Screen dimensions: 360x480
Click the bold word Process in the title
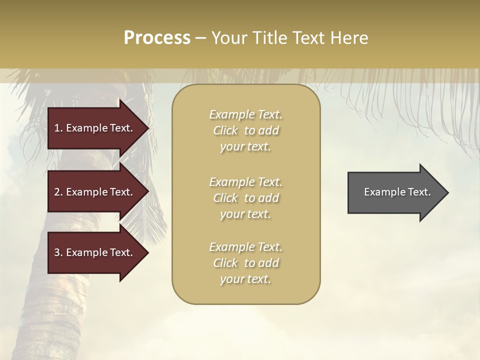coord(157,38)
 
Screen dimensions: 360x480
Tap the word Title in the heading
coord(271,38)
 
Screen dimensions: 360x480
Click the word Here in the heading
coord(350,38)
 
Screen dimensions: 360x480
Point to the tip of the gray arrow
coord(447,192)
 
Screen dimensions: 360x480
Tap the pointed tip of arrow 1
coord(147,128)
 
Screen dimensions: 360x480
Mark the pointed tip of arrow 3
coord(147,252)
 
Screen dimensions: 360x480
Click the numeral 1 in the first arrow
coord(57,128)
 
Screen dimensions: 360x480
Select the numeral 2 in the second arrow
coord(57,192)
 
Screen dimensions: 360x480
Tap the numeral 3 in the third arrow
coord(57,252)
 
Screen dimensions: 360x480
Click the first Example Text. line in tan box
coord(245,114)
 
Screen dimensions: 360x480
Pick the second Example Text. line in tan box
coord(245,182)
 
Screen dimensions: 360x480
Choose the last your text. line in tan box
coord(245,279)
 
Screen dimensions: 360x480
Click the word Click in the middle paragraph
coord(225,198)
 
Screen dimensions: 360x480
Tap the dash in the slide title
coord(200,38)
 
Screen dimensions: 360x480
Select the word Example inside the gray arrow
coord(381,192)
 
